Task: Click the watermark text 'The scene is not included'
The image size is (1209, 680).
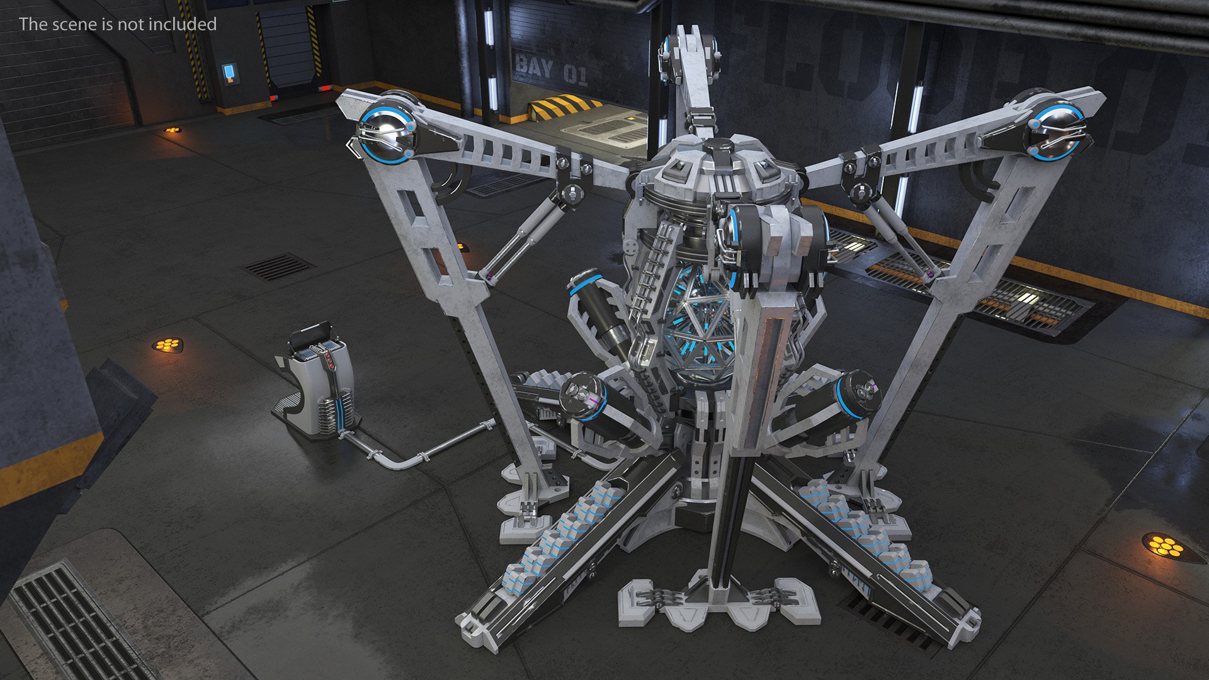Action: [x=118, y=24]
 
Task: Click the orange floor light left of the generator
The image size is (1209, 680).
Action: [x=168, y=345]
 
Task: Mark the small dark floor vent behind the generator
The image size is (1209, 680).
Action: [x=278, y=266]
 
